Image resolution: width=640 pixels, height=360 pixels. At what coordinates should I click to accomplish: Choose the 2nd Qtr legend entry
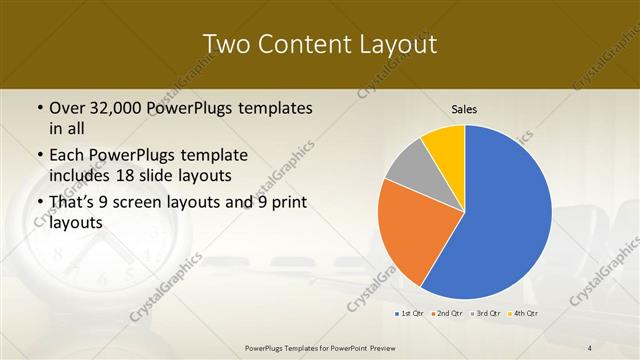click(446, 314)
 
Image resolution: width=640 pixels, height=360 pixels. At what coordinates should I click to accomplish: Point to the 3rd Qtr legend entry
click(484, 314)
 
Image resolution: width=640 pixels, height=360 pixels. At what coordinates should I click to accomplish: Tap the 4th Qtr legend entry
click(523, 314)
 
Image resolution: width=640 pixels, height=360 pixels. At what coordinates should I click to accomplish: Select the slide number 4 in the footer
click(591, 348)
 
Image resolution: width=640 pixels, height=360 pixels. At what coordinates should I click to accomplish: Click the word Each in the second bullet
click(67, 156)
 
